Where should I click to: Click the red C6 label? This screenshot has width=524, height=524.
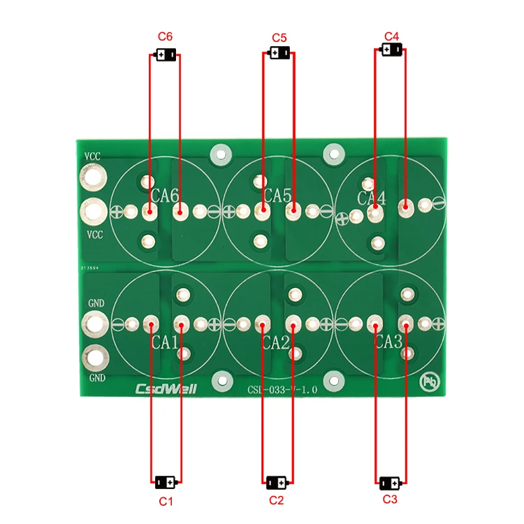[x=166, y=36]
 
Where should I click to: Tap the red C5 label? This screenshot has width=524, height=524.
[x=279, y=36]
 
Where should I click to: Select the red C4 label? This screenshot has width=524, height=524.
[x=391, y=35]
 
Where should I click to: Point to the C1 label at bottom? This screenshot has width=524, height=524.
[x=166, y=501]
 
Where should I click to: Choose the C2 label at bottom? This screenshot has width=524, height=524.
[x=277, y=500]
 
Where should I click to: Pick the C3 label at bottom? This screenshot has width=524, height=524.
[x=390, y=500]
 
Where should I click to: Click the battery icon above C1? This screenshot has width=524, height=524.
[x=166, y=481]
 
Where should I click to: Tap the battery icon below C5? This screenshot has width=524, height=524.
[x=279, y=53]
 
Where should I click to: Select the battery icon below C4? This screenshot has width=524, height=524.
[x=392, y=50]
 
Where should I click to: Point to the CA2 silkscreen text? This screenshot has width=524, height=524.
[x=276, y=342]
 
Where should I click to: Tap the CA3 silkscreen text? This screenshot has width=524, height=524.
[x=388, y=342]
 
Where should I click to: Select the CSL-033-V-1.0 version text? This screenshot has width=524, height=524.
[x=282, y=391]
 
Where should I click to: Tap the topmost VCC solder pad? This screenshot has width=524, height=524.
[x=94, y=179]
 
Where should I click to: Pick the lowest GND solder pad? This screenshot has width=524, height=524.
[x=94, y=358]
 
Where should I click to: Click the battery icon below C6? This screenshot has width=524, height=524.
[x=166, y=55]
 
